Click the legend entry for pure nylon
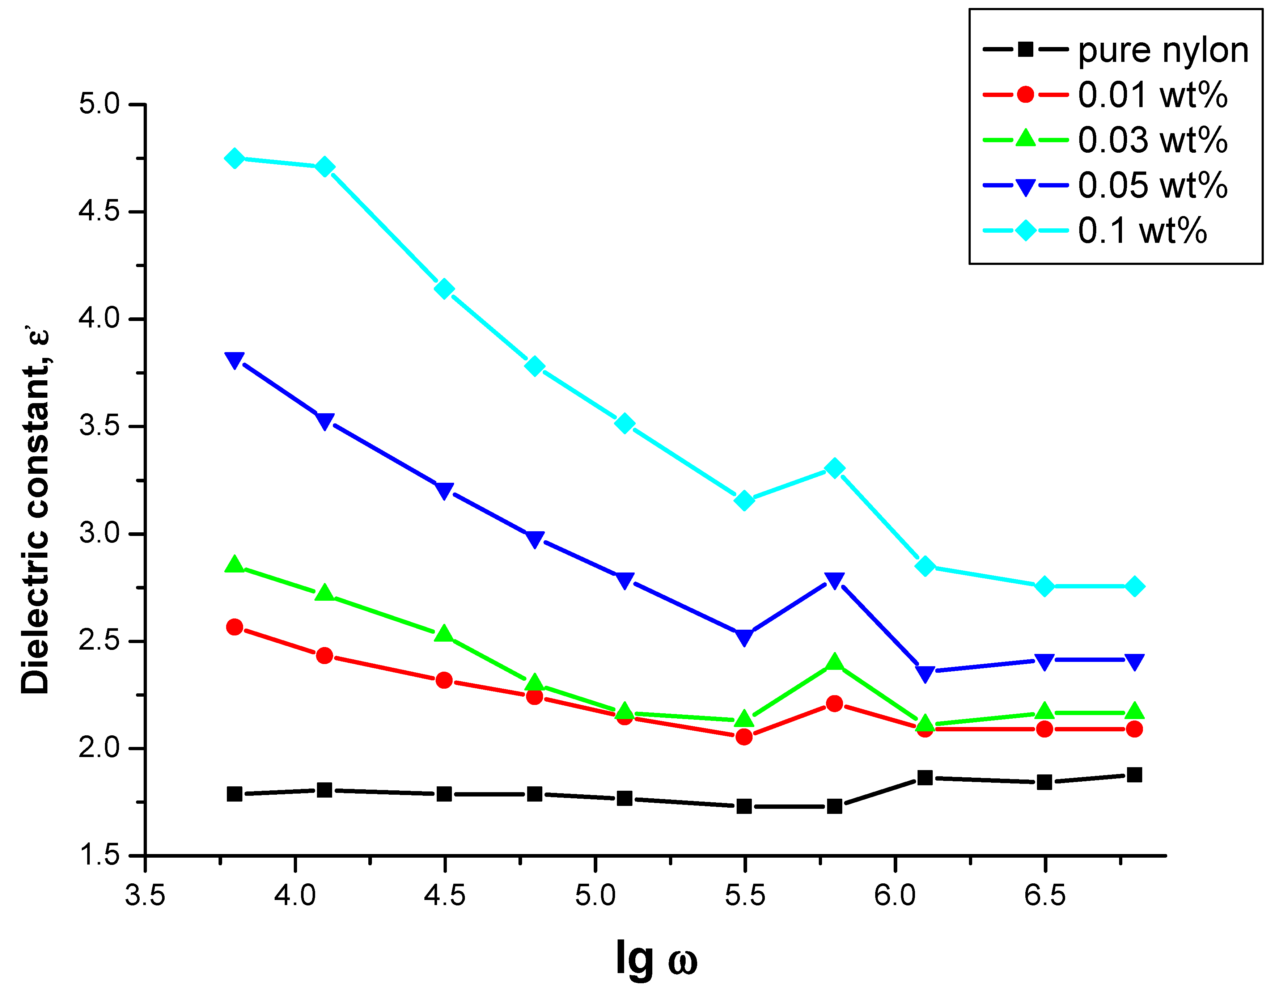(1162, 50)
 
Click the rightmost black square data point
(1134, 775)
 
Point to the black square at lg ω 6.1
(925, 778)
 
